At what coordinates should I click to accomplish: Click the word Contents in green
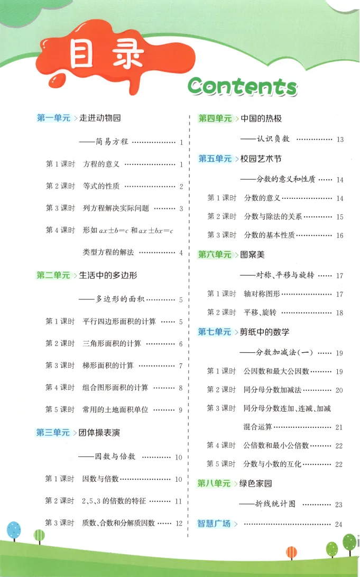(x=243, y=85)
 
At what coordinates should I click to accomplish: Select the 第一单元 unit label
(x=53, y=118)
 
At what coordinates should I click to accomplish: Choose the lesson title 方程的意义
(x=101, y=164)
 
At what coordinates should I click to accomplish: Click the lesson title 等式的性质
(x=101, y=186)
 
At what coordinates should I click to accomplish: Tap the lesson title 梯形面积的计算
(x=108, y=365)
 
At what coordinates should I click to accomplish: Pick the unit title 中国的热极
(x=261, y=118)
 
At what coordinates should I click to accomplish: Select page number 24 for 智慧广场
(x=339, y=524)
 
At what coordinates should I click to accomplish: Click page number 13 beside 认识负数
(x=339, y=139)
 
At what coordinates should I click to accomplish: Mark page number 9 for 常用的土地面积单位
(x=180, y=410)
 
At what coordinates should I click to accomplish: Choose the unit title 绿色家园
(x=256, y=483)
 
